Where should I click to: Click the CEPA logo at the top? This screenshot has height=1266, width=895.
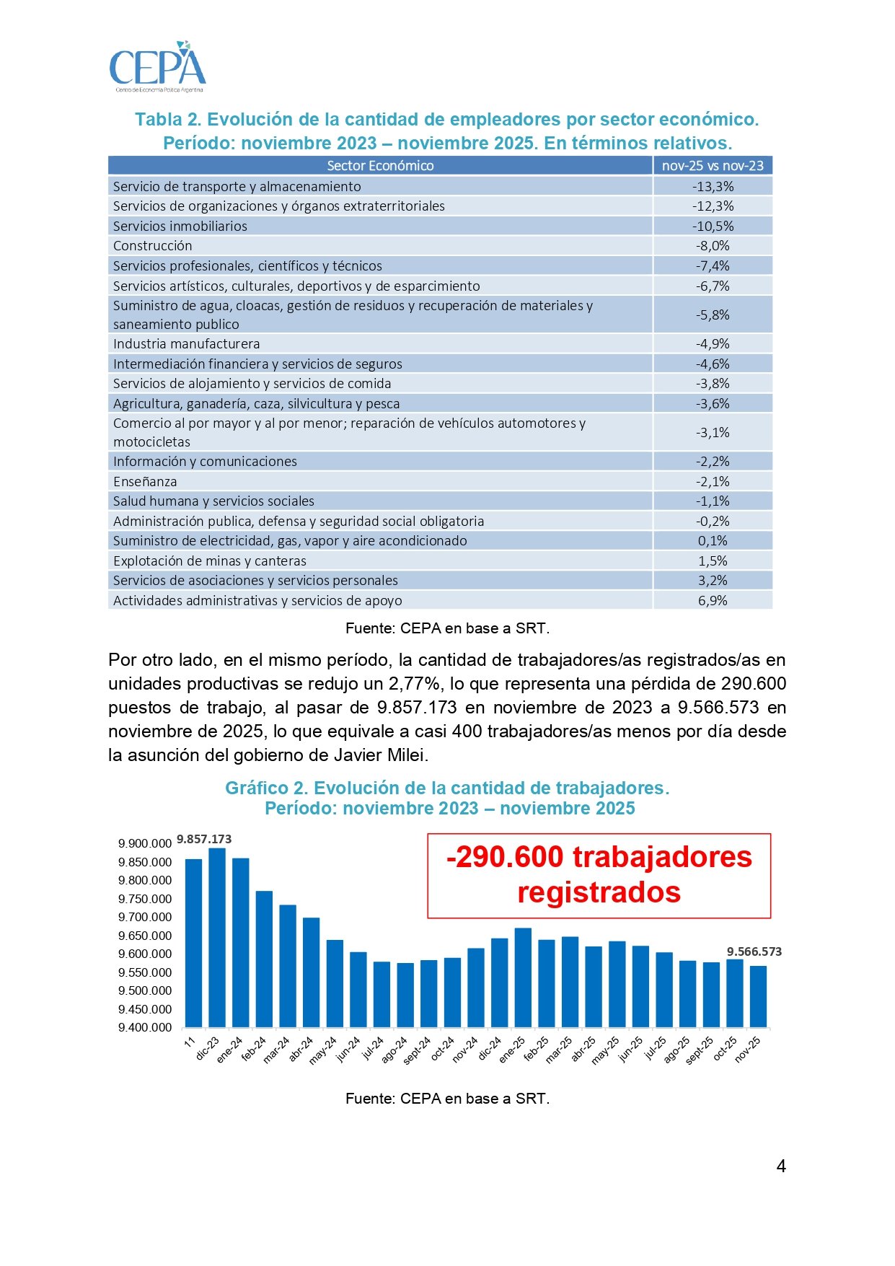coord(157,67)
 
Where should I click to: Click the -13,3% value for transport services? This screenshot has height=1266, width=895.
coord(713,186)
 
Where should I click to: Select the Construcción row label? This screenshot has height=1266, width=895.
coord(153,246)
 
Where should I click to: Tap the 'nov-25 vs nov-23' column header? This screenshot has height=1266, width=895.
coord(713,166)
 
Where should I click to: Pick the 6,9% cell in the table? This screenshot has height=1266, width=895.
coord(713,600)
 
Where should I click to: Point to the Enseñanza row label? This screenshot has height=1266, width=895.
coord(145,481)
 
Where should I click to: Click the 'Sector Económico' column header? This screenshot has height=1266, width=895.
coord(380,166)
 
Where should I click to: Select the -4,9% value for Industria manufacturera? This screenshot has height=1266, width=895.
coord(713,344)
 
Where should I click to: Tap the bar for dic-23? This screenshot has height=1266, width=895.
coord(217,938)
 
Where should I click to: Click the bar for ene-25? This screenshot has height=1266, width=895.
coord(523,977)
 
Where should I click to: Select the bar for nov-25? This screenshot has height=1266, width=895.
coord(758,996)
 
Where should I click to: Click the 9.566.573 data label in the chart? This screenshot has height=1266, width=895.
coord(754,951)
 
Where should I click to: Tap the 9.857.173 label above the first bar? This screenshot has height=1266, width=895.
coord(204,839)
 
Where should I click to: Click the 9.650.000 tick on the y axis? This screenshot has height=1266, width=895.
coord(145,936)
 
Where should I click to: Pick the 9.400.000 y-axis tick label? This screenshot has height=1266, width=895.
coord(145,1027)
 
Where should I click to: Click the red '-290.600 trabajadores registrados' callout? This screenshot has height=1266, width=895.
coord(599,875)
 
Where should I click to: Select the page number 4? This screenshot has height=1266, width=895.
coord(781,1166)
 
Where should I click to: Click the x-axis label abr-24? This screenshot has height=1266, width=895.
coord(301,1050)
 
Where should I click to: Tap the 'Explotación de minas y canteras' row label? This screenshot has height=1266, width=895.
coord(210,561)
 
